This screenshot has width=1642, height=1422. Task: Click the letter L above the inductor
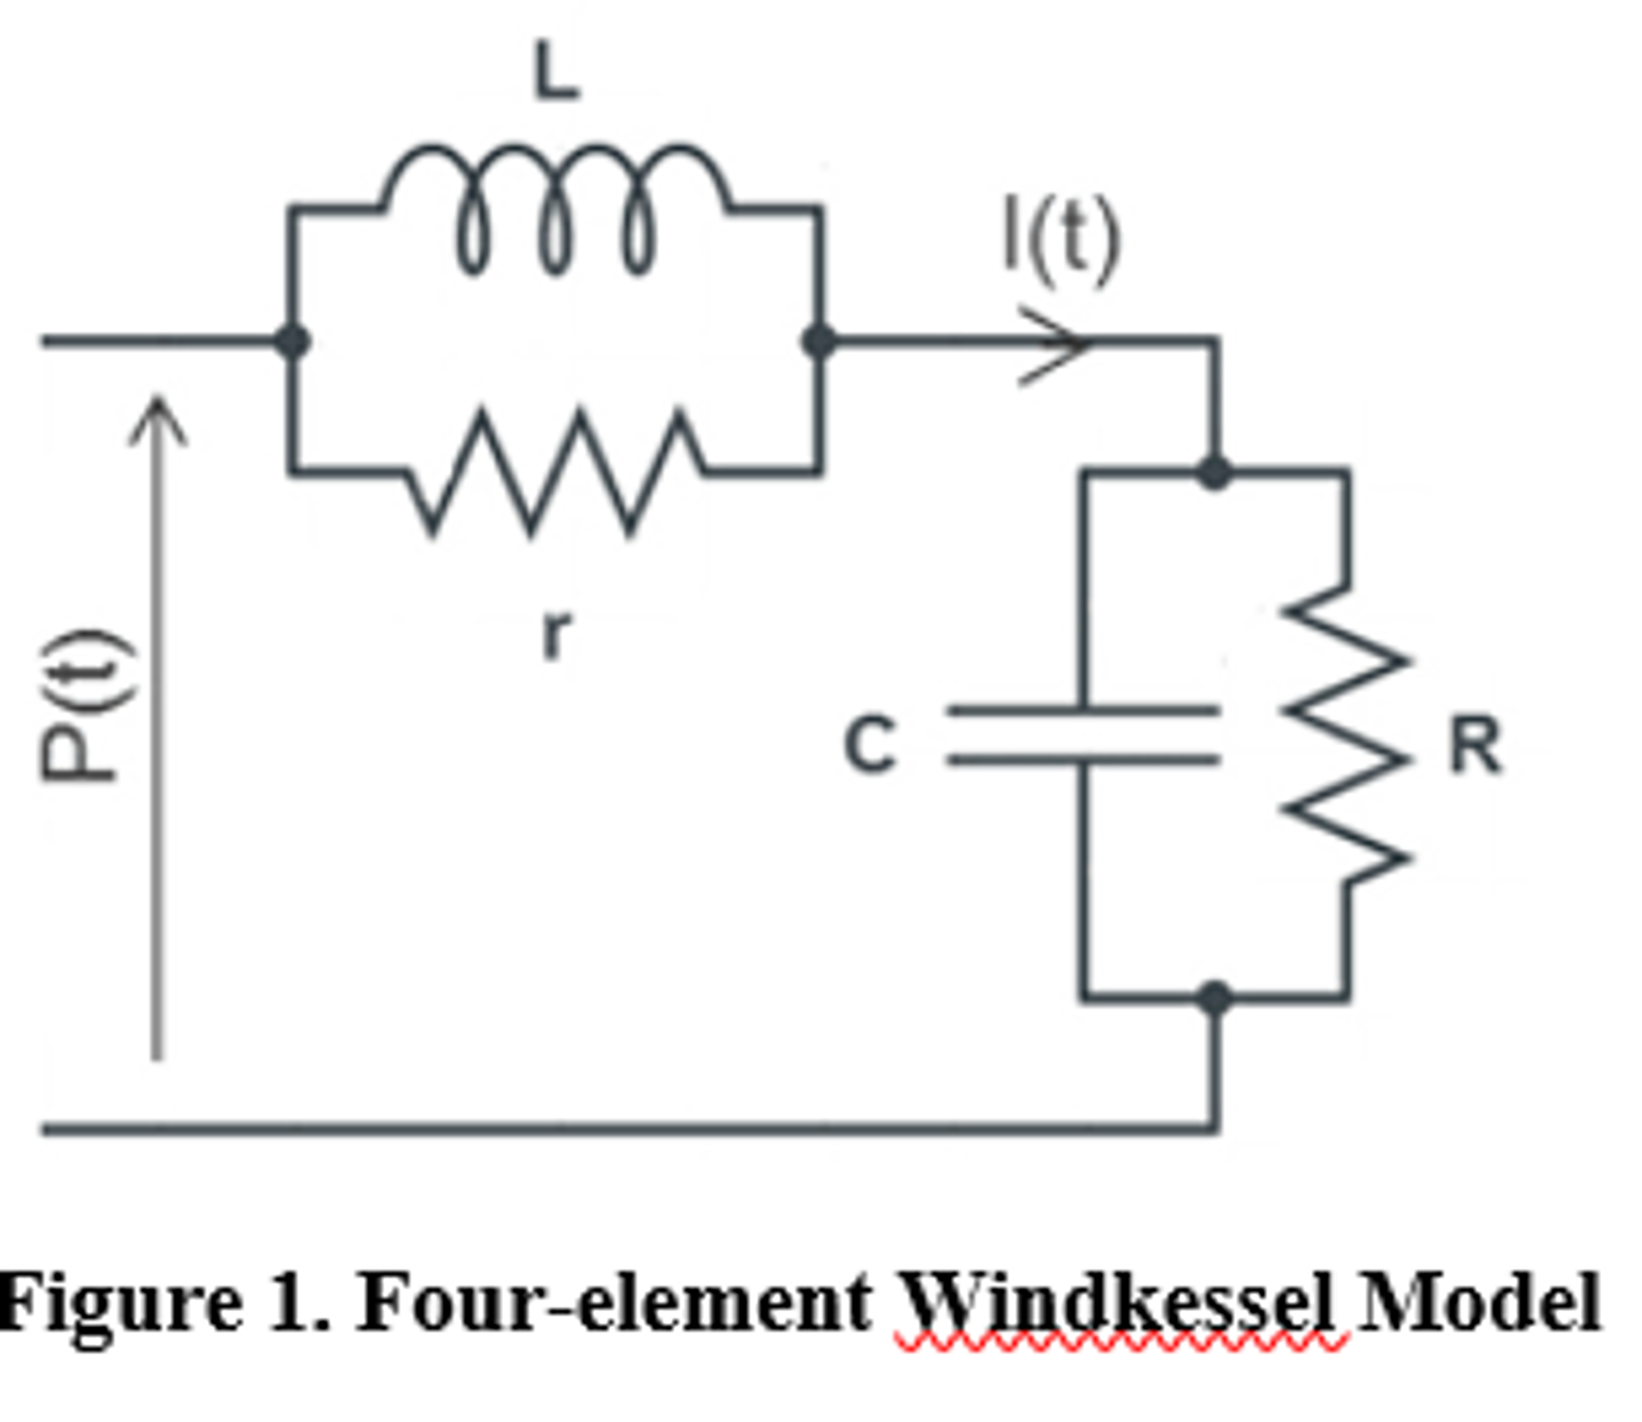555,72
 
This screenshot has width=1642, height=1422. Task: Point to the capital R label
1474,744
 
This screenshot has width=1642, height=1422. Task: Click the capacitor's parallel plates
1083,734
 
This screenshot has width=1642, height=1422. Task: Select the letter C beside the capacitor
870,744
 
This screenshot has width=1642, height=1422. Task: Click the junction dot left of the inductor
292,341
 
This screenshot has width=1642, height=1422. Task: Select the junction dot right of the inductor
819,341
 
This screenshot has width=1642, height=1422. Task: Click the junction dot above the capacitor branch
1214,472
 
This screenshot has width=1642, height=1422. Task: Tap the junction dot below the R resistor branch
1215,998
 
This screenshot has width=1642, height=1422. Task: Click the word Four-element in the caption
614,1302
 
